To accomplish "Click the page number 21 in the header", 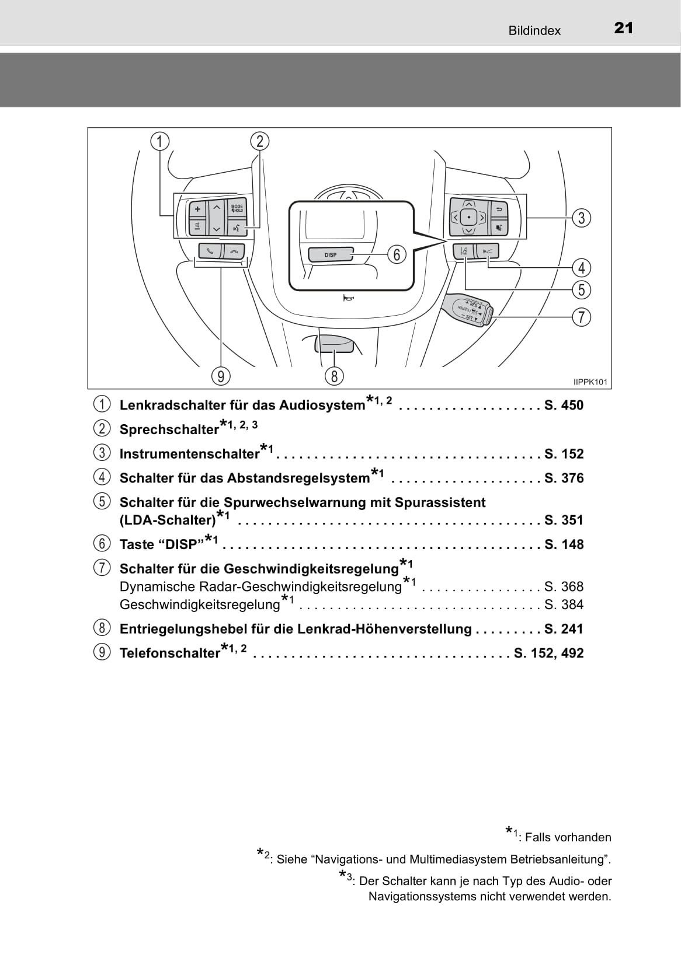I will [x=623, y=29].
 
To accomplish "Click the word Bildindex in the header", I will [x=534, y=31].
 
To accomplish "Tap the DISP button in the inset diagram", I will [x=331, y=255].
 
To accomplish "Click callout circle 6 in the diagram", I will [x=397, y=254].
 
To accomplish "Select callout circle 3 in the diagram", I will [x=581, y=218].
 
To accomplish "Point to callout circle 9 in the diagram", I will [x=221, y=376].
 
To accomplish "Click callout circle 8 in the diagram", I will [x=334, y=376].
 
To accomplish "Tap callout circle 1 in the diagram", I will [x=159, y=141].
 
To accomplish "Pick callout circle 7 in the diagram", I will [x=581, y=317].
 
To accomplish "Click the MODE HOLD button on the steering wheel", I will [x=237, y=208].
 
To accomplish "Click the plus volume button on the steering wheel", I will [x=197, y=209].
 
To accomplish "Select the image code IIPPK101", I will [x=590, y=382].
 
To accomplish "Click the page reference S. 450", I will [x=564, y=405].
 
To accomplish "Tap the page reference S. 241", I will [x=564, y=629].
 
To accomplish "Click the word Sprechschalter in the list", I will [x=169, y=429].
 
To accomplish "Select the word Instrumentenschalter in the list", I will [x=189, y=454].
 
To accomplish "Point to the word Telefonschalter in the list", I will [x=169, y=653].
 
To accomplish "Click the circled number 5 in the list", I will [x=102, y=502].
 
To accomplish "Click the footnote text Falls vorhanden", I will [x=568, y=837].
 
